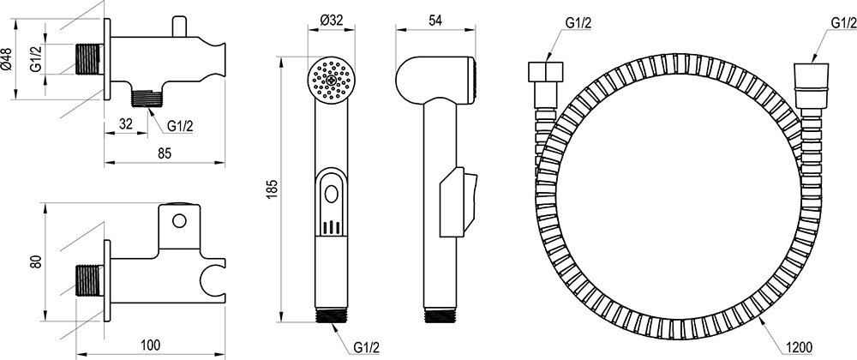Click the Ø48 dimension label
click(x=6, y=59)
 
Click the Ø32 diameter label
click(x=331, y=21)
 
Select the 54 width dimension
click(x=435, y=21)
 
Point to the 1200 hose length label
click(x=800, y=347)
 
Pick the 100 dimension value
click(x=150, y=345)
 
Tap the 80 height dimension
click(x=35, y=261)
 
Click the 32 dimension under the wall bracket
click(x=126, y=124)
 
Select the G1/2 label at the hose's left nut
click(x=578, y=22)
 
